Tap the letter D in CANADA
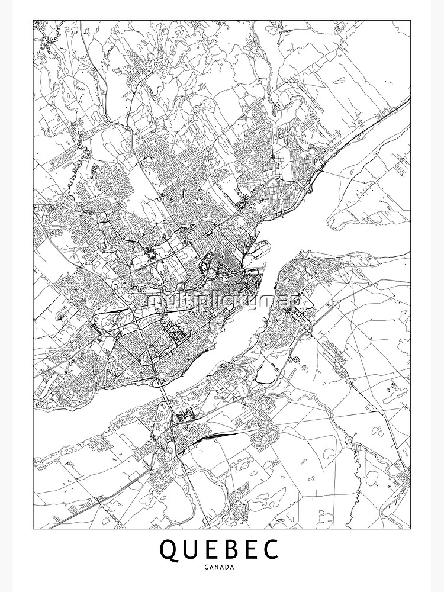pos(228,567)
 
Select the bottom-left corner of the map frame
pos(33,529)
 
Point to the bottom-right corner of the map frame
pos(410,529)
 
